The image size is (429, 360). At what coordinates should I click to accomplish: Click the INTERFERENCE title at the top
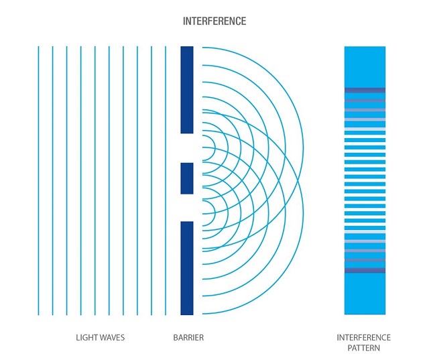(x=214, y=21)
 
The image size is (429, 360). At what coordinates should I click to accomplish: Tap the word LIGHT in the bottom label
(x=87, y=337)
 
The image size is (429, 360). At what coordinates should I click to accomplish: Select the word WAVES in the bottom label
(x=112, y=337)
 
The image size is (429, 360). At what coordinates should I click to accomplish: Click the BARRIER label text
(x=188, y=337)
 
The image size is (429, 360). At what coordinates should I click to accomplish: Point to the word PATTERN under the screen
(x=364, y=349)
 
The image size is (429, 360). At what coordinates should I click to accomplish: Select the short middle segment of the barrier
(x=187, y=178)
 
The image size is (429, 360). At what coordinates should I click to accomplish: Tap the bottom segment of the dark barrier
(x=187, y=267)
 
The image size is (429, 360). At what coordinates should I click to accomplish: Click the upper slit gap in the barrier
(x=187, y=147)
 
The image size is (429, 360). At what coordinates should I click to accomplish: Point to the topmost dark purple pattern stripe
(x=365, y=90)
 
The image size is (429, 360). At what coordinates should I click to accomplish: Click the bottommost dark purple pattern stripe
(x=365, y=271)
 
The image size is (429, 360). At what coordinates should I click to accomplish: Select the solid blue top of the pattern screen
(x=365, y=66)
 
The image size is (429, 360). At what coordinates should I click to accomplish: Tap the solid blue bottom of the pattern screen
(x=365, y=295)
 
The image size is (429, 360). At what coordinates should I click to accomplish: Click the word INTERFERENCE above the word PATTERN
(x=364, y=337)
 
